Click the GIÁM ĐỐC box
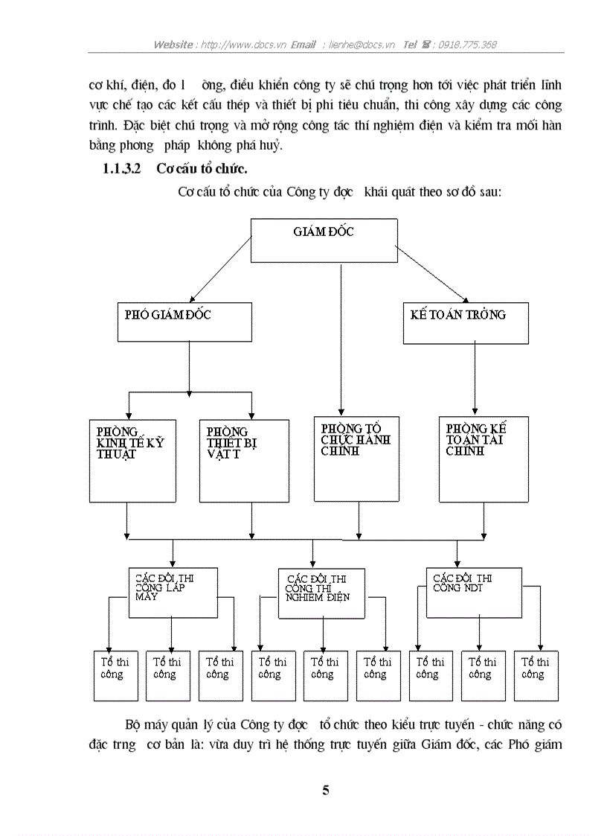click(323, 240)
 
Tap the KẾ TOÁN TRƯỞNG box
click(466, 323)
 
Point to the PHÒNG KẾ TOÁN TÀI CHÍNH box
click(484, 459)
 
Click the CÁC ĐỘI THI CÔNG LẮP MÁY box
click(173, 593)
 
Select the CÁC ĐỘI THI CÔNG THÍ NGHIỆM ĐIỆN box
click(321, 594)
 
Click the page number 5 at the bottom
click(325, 791)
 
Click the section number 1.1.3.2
click(121, 168)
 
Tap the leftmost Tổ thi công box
click(115, 675)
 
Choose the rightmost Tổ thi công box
click(536, 675)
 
